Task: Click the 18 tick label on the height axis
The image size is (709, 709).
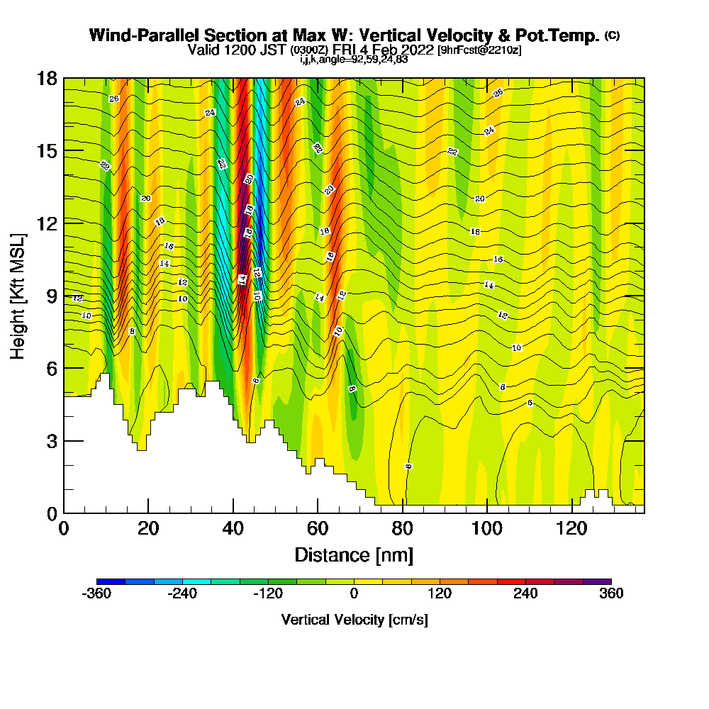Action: click(x=47, y=78)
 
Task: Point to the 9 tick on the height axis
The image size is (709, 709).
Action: click(x=64, y=296)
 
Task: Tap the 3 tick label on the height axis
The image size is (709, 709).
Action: click(x=51, y=441)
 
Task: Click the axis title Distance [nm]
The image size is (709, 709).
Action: click(x=354, y=554)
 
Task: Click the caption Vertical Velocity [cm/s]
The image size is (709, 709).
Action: click(x=354, y=620)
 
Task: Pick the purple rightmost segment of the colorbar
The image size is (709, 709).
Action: click(x=597, y=581)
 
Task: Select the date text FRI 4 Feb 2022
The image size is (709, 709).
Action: click(x=386, y=50)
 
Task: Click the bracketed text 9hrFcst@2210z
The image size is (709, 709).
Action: click(x=480, y=50)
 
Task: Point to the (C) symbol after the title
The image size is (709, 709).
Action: click(x=612, y=35)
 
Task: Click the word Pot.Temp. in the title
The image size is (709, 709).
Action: click(x=563, y=35)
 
